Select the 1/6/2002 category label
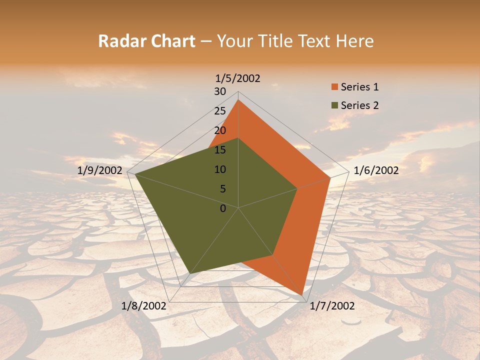376,170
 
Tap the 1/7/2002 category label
332,306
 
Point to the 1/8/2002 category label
144,306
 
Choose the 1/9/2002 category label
100,170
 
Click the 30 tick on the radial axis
220,91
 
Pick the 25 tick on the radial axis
220,111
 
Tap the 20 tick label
220,130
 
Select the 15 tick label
220,150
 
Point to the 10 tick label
220,169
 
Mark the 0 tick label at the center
223,208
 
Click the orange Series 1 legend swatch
334,87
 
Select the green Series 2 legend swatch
334,105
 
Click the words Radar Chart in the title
146,41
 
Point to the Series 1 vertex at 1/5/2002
238,100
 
